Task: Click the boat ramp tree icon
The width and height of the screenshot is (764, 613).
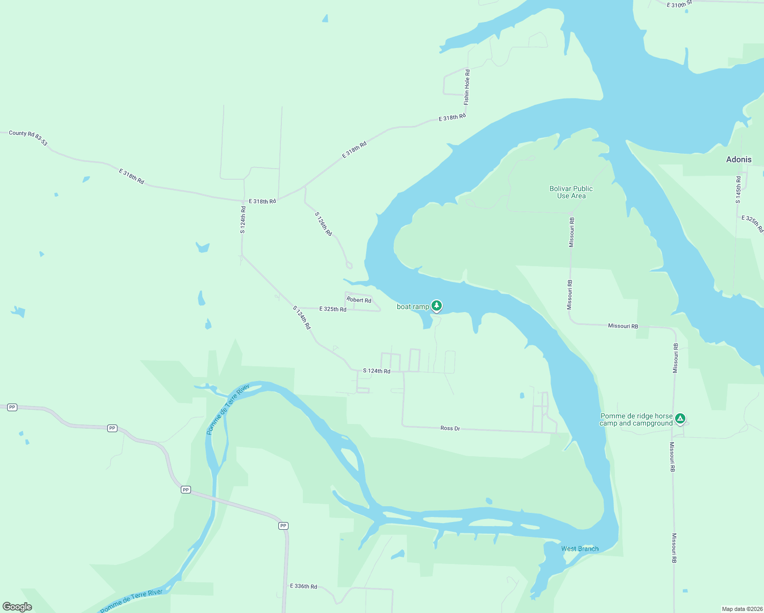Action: (436, 305)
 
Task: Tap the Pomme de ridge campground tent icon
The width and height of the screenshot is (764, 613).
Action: (680, 418)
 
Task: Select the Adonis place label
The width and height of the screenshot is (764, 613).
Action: (738, 159)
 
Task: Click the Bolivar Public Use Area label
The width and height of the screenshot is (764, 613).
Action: (571, 192)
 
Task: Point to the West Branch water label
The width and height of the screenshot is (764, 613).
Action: (580, 549)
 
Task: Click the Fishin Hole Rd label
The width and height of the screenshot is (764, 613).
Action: (467, 87)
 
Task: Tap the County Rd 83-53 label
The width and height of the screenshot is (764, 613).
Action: (28, 137)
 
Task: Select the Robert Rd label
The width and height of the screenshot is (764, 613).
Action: (359, 300)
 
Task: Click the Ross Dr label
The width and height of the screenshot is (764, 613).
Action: (450, 428)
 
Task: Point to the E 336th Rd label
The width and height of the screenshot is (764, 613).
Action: (303, 586)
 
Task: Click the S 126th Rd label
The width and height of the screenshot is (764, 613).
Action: (323, 224)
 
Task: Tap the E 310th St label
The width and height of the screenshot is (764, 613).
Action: (679, 5)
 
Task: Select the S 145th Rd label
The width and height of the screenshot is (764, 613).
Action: (738, 190)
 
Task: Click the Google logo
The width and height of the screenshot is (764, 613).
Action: (17, 606)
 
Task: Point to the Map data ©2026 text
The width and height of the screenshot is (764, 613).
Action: (742, 609)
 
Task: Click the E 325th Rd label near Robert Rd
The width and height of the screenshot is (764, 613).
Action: (332, 309)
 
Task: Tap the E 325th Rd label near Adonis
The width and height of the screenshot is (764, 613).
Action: (752, 224)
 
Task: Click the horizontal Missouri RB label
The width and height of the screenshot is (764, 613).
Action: (623, 326)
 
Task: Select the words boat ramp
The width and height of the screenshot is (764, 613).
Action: (413, 306)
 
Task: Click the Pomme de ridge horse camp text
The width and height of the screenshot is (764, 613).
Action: (636, 416)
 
